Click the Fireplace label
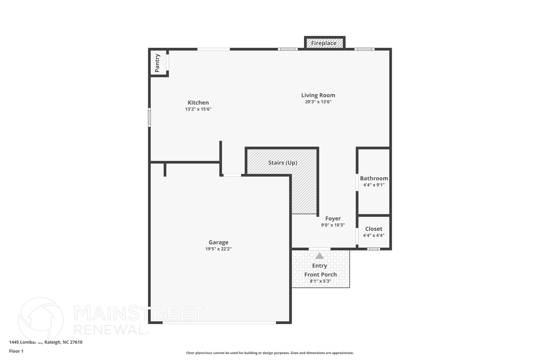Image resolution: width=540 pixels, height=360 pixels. (324, 43)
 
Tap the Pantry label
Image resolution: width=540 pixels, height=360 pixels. (157, 63)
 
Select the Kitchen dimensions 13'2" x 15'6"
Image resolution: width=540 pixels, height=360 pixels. (198, 109)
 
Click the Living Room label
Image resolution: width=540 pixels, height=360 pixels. (318, 95)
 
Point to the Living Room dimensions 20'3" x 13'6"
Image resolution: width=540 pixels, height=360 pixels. (318, 102)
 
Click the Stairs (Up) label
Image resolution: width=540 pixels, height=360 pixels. (283, 163)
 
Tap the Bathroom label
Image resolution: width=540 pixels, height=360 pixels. (374, 179)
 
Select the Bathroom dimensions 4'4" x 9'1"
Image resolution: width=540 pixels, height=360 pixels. (374, 185)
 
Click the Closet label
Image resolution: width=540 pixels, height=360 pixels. (374, 229)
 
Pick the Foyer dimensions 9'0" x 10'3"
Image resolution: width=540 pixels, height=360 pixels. (333, 225)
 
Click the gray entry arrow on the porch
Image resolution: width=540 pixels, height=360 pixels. (320, 256)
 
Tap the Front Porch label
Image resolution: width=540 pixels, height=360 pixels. (320, 275)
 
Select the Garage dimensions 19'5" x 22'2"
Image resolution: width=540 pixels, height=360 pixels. (218, 249)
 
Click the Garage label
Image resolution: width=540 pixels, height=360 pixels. (218, 242)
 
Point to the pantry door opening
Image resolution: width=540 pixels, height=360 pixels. (167, 63)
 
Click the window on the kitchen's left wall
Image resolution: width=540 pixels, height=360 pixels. (149, 117)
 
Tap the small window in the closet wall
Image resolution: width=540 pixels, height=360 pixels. (373, 249)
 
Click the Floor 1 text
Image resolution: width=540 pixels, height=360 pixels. (16, 351)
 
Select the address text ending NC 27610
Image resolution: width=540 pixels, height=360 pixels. (46, 342)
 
